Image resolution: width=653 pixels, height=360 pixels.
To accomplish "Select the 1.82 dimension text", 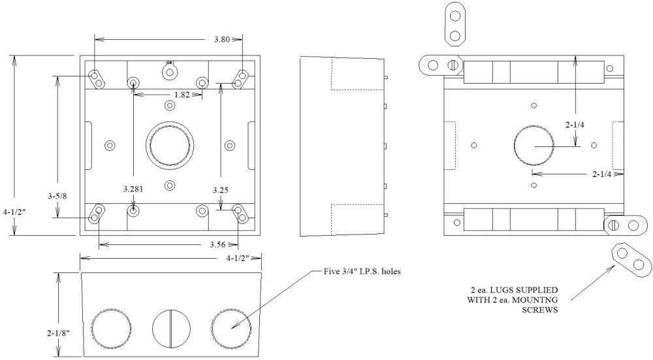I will (x=182, y=95).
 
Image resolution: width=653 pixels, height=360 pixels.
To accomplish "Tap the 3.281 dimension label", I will (x=133, y=189).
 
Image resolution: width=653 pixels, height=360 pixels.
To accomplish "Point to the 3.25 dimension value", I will (x=221, y=189).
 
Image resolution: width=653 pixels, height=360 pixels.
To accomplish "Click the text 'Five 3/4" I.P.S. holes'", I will (x=362, y=272).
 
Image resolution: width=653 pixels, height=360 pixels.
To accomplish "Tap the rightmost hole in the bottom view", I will (x=230, y=327).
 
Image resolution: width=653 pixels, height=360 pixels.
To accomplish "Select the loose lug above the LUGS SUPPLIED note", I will (x=631, y=259).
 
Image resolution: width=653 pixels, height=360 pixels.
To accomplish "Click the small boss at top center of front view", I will (x=170, y=67).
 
